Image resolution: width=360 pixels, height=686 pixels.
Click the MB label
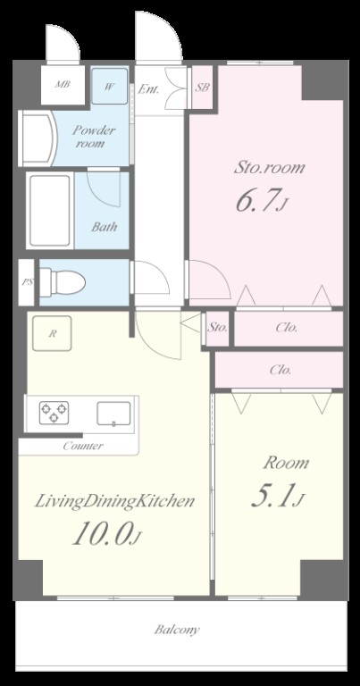[63, 85]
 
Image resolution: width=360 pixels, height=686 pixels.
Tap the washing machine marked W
[110, 86]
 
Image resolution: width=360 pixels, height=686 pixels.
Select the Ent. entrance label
[148, 89]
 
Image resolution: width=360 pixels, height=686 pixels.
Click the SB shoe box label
[202, 87]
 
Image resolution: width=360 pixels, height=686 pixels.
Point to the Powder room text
[93, 136]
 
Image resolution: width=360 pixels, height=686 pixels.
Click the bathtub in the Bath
[50, 211]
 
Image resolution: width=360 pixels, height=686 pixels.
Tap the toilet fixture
[63, 282]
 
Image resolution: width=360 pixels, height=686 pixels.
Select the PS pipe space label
[27, 282]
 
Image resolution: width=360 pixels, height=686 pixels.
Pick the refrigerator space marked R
[52, 333]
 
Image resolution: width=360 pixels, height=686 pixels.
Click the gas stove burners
[54, 413]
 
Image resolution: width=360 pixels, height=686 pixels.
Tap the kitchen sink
[113, 414]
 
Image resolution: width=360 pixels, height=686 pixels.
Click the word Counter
[83, 446]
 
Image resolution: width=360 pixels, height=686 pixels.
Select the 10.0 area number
[106, 534]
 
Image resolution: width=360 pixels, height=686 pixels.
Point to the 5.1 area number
[277, 495]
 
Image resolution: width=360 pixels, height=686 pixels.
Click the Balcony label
[177, 630]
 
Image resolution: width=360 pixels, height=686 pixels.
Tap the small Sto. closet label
[217, 327]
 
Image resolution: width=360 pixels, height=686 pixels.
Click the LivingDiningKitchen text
[114, 501]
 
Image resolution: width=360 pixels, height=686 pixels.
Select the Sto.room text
[269, 168]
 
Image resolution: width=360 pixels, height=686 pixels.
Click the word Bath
[105, 227]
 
